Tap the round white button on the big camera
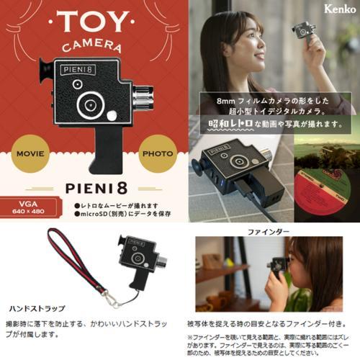tap(112, 114)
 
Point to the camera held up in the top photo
tap(304, 30)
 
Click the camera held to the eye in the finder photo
tap(279, 266)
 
